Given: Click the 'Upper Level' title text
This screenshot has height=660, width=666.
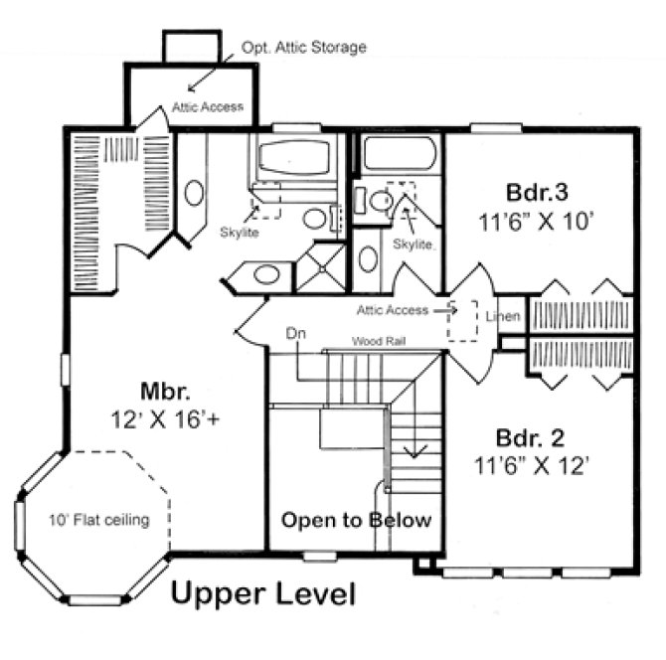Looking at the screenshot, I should coord(263,594).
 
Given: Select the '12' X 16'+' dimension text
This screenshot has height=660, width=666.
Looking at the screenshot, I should coord(165,418).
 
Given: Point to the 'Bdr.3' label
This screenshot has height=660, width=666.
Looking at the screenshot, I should coord(538,192).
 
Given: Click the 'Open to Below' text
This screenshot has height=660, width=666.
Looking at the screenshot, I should coord(355,520).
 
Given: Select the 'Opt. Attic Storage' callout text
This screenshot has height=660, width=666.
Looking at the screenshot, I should coord(303,47).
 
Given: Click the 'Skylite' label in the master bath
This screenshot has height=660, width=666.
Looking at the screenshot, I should coord(240,233).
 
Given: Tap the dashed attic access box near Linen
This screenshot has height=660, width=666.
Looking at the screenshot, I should coord(462,320).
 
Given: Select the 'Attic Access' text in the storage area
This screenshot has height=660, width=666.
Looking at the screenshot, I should coord(207,106).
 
